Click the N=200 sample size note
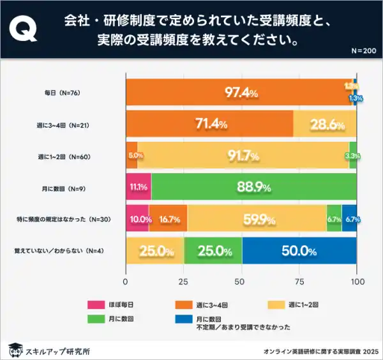tap(364, 50)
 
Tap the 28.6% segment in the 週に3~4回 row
tap(325, 124)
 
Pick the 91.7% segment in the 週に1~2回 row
tap(243, 156)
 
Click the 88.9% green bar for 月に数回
tap(254, 188)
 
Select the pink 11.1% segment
tap(139, 188)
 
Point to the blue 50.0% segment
tap(299, 251)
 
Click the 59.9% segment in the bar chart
tap(257, 219)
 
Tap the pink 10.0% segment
tap(137, 219)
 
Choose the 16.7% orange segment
tap(169, 219)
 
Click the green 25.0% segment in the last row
tap(213, 251)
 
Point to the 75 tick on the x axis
tap(299, 281)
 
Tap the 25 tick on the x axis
tap(184, 281)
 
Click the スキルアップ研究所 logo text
tap(57, 350)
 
